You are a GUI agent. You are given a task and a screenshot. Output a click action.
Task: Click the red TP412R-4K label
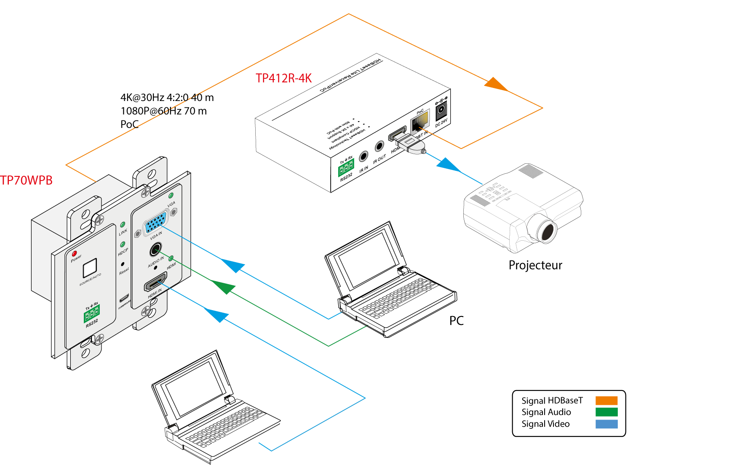(283, 78)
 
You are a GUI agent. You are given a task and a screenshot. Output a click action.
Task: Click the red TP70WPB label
(27, 181)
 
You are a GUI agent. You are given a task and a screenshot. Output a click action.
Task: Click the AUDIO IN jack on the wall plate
(156, 250)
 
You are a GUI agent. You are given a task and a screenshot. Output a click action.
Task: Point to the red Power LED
(75, 254)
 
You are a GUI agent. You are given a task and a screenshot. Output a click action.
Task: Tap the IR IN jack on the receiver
(363, 157)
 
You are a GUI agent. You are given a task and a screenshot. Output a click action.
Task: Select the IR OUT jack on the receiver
(380, 146)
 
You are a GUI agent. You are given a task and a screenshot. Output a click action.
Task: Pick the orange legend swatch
(607, 401)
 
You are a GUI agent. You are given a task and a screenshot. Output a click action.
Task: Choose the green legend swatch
(607, 412)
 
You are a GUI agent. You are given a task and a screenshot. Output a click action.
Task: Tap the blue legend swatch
(607, 424)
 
